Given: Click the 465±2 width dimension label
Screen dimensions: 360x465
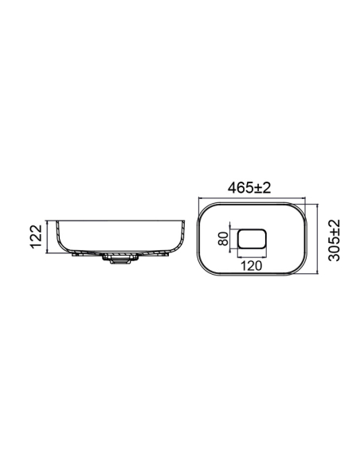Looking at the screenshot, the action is pyautogui.click(x=249, y=188).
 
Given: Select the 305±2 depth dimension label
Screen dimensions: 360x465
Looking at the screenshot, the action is pyautogui.click(x=335, y=240).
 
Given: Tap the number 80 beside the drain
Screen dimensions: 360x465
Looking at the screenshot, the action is pyautogui.click(x=223, y=238).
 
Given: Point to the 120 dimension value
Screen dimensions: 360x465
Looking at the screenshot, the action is pyautogui.click(x=251, y=266).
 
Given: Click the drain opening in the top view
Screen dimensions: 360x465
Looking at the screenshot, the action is pyautogui.click(x=252, y=238).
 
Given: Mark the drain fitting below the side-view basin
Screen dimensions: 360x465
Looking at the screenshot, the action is pyautogui.click(x=121, y=259).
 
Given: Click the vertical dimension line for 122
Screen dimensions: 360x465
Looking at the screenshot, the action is pyautogui.click(x=47, y=236).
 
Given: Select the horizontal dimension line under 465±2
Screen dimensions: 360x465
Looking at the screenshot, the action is pyautogui.click(x=252, y=197).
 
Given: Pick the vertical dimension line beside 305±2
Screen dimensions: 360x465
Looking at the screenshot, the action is pyautogui.click(x=317, y=239).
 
